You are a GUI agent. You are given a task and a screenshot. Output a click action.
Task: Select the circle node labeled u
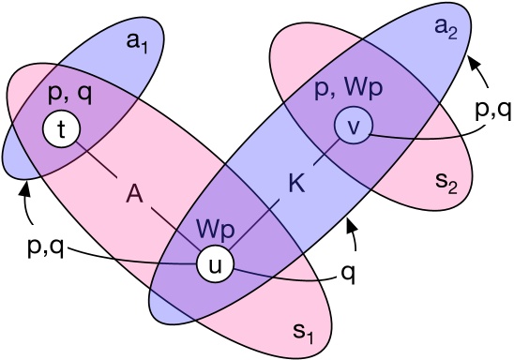(214, 264)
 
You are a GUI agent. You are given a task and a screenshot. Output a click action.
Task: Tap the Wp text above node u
(215, 229)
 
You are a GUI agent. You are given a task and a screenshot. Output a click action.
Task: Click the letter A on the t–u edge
(136, 194)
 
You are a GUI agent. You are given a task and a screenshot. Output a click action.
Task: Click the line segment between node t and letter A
(99, 163)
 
